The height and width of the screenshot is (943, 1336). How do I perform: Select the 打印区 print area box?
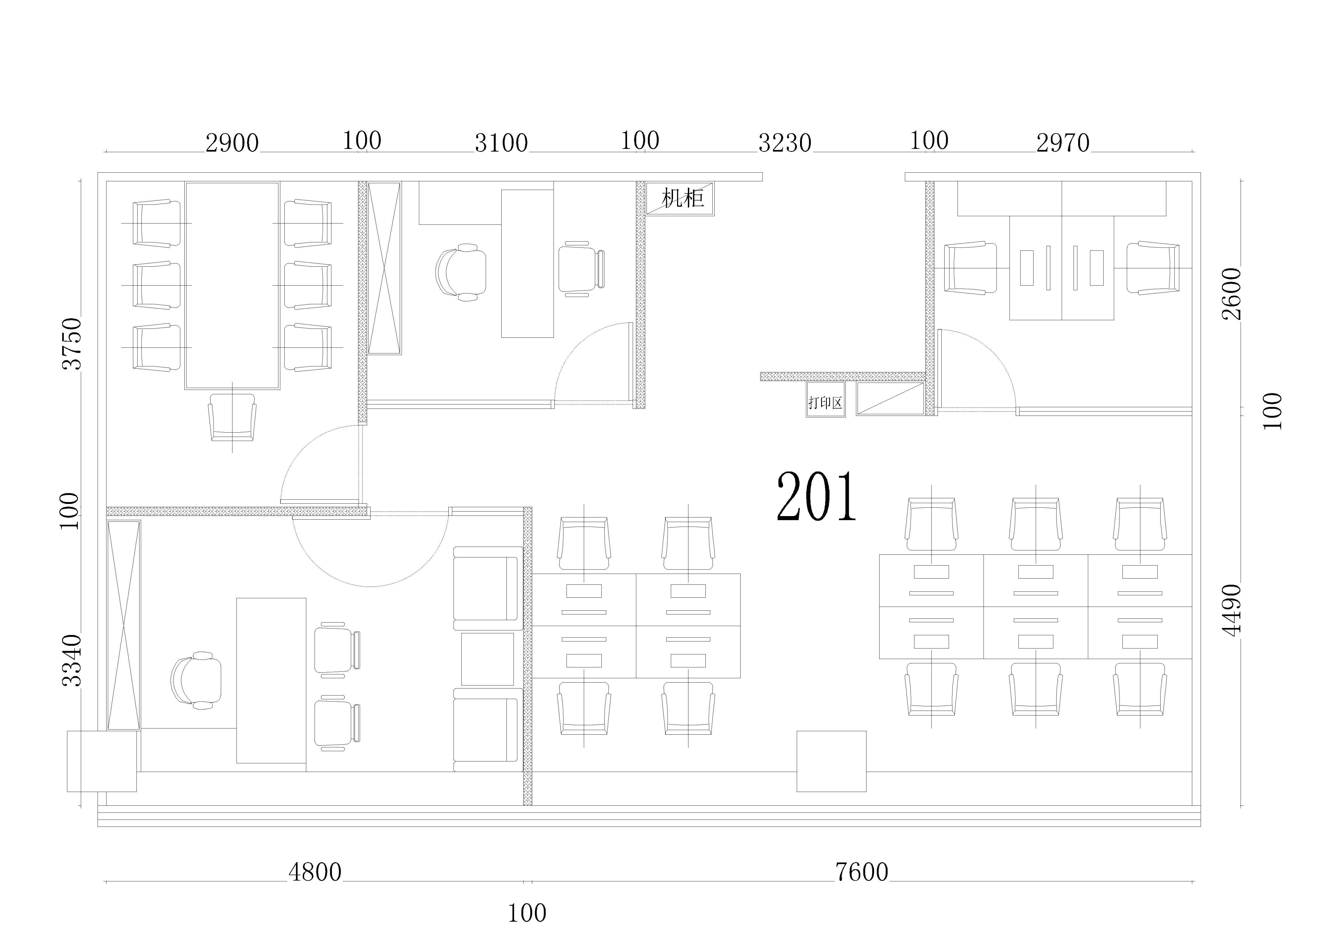pyautogui.click(x=826, y=400)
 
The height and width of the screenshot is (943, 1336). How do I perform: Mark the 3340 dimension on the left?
pyautogui.click(x=72, y=661)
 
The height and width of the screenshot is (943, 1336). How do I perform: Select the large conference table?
pyautogui.click(x=232, y=286)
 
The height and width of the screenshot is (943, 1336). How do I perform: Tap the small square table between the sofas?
pyautogui.click(x=488, y=659)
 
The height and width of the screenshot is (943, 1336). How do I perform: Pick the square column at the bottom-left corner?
pyautogui.click(x=102, y=761)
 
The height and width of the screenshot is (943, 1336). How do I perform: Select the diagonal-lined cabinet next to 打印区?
pyautogui.click(x=890, y=399)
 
